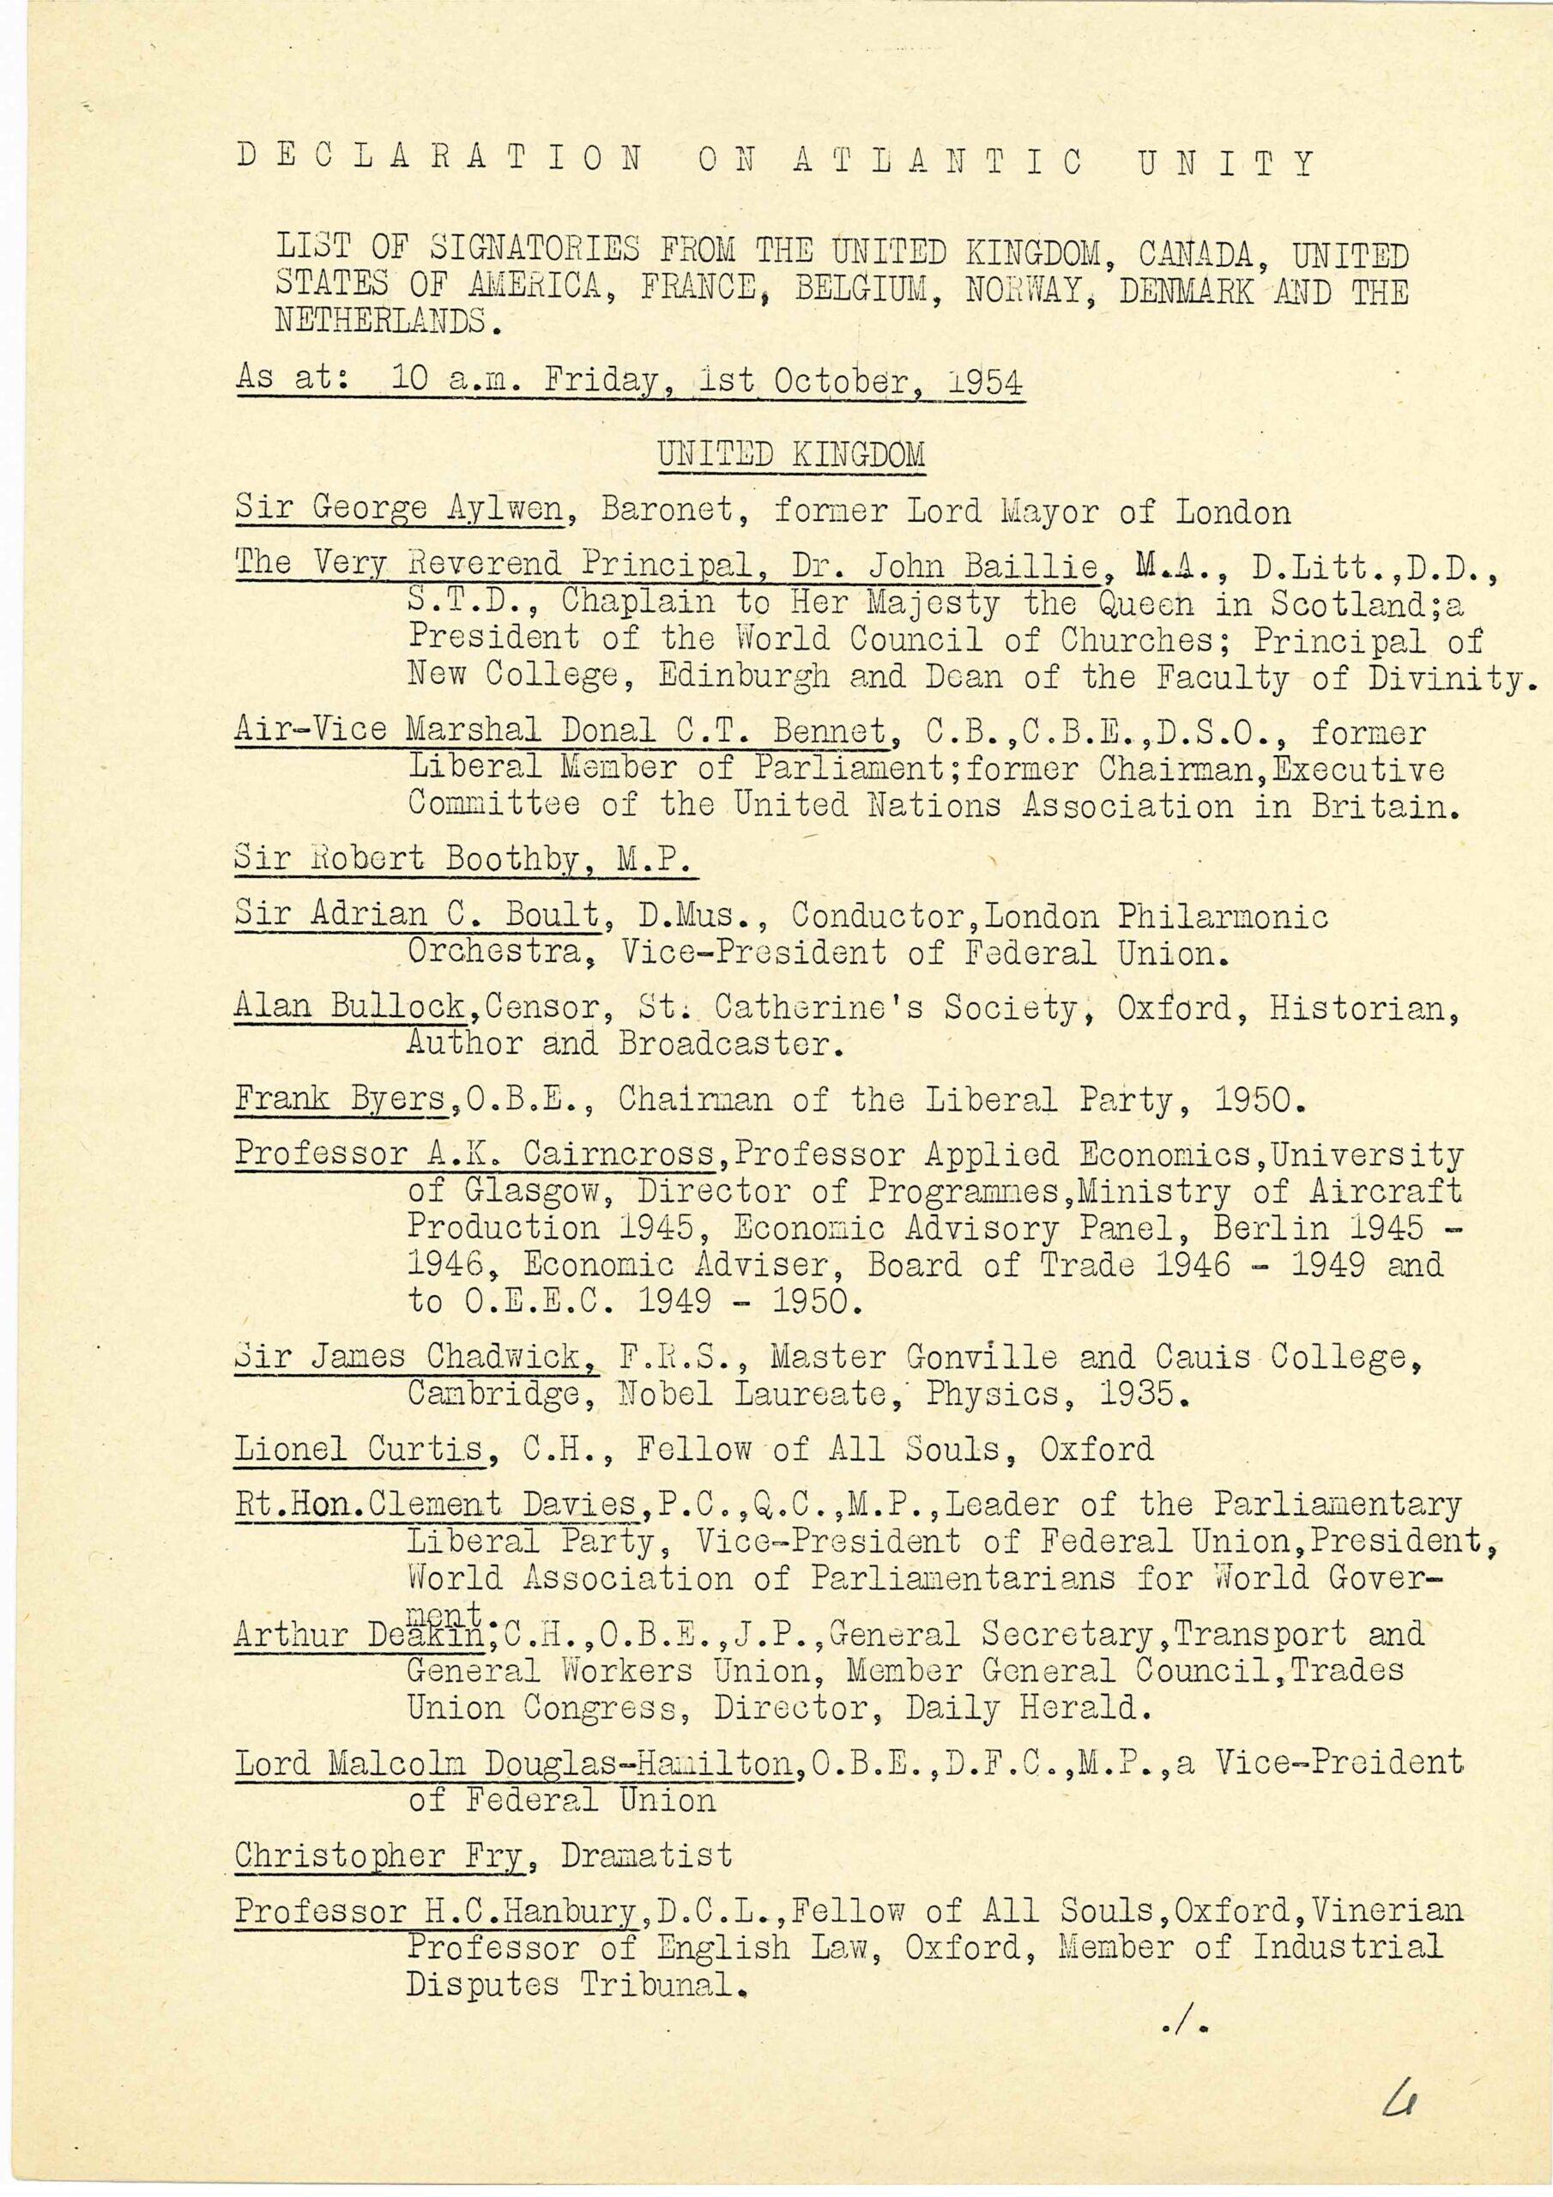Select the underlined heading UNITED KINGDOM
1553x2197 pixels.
point(790,454)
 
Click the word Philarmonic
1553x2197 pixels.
point(1223,916)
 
